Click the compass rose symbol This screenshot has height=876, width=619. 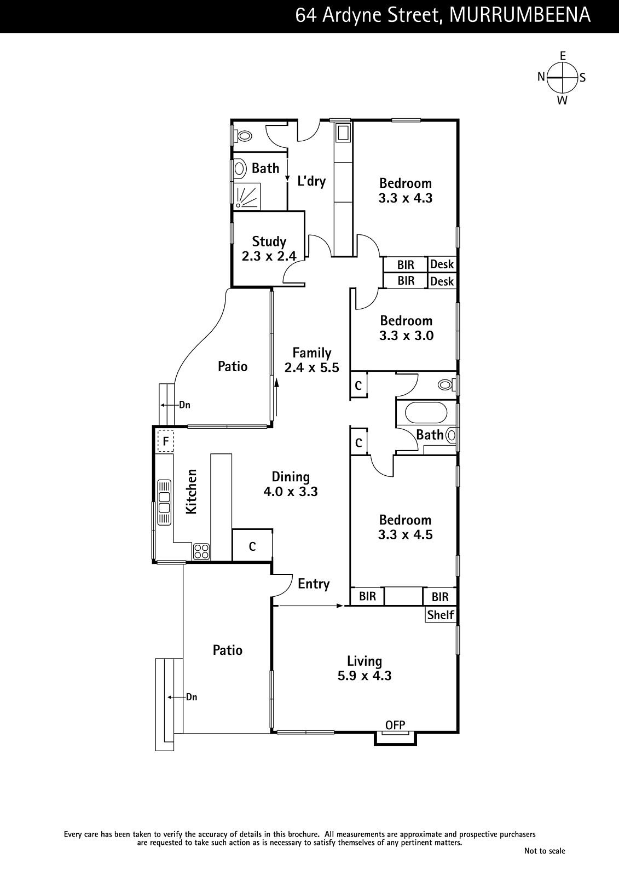click(x=562, y=77)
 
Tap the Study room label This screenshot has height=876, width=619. click(x=269, y=241)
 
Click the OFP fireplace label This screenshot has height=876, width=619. click(x=395, y=725)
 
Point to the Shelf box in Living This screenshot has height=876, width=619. click(x=441, y=615)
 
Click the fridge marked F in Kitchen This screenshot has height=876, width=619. click(x=165, y=441)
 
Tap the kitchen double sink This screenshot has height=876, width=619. click(x=164, y=503)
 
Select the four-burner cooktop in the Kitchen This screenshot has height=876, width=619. click(x=201, y=551)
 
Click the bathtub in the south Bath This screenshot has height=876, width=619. click(x=426, y=413)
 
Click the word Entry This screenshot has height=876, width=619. click(x=314, y=584)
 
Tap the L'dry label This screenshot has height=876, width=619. click(x=311, y=181)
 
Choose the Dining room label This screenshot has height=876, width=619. click(x=291, y=477)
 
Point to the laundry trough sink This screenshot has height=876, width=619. click(x=343, y=132)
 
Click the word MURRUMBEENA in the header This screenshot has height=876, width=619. click(x=520, y=15)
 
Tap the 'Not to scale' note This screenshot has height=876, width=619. click(x=545, y=851)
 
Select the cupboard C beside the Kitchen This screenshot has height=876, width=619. click(x=252, y=546)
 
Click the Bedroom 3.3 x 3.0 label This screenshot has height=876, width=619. click(x=406, y=328)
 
